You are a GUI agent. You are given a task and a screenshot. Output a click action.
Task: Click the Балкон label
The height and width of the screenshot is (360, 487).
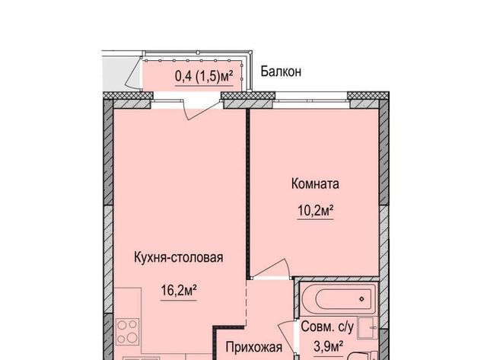pos(281,72)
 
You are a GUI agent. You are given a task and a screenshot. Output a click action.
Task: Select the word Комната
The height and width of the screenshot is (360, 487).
pos(315,183)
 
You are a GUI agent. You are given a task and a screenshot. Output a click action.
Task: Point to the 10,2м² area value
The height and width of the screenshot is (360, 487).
pos(316,212)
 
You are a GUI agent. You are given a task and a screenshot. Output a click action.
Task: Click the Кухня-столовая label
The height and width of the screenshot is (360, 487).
pos(179,257)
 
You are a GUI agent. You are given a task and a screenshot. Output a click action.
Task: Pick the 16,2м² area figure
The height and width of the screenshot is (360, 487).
pos(179,291)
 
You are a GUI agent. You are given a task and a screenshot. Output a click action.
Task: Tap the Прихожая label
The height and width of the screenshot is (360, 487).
pos(254,347)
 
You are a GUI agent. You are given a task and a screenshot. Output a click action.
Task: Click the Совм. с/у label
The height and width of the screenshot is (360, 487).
pos(327,327)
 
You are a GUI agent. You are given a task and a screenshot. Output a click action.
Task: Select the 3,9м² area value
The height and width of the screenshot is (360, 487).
pos(328,346)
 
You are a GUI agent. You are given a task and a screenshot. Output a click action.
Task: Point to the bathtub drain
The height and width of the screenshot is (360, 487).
pos(361,299)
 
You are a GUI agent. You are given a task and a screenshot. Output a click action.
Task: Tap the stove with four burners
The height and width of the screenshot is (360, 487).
pos(128,331)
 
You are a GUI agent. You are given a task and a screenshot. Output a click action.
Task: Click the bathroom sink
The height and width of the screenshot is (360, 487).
pos(368,328)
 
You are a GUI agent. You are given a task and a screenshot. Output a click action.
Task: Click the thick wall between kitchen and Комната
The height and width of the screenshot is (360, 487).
pos(248,193)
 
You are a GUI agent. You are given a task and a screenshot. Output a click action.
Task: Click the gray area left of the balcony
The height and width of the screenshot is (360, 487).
pos(119,74)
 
